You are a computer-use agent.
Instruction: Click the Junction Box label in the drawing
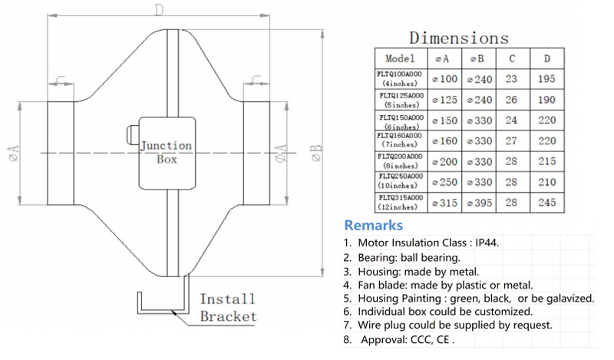pos(166,153)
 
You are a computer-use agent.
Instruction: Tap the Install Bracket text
pos(228,307)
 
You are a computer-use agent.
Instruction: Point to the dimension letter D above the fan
pos(158,11)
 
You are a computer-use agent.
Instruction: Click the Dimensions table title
pos(458,38)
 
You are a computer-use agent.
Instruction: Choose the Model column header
pos(400,58)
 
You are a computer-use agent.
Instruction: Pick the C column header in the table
pos(511,58)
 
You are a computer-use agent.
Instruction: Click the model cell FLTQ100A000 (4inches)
pos(400,78)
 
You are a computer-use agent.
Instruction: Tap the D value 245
pos(546,203)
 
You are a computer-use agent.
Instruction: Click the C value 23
pos(511,78)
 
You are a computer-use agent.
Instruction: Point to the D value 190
pos(546,100)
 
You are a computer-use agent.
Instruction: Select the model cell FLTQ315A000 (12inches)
pos(400,203)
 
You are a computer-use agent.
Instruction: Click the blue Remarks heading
pos(373,226)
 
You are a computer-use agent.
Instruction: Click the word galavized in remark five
pos(566,298)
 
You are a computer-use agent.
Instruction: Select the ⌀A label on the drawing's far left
pos(13,153)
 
